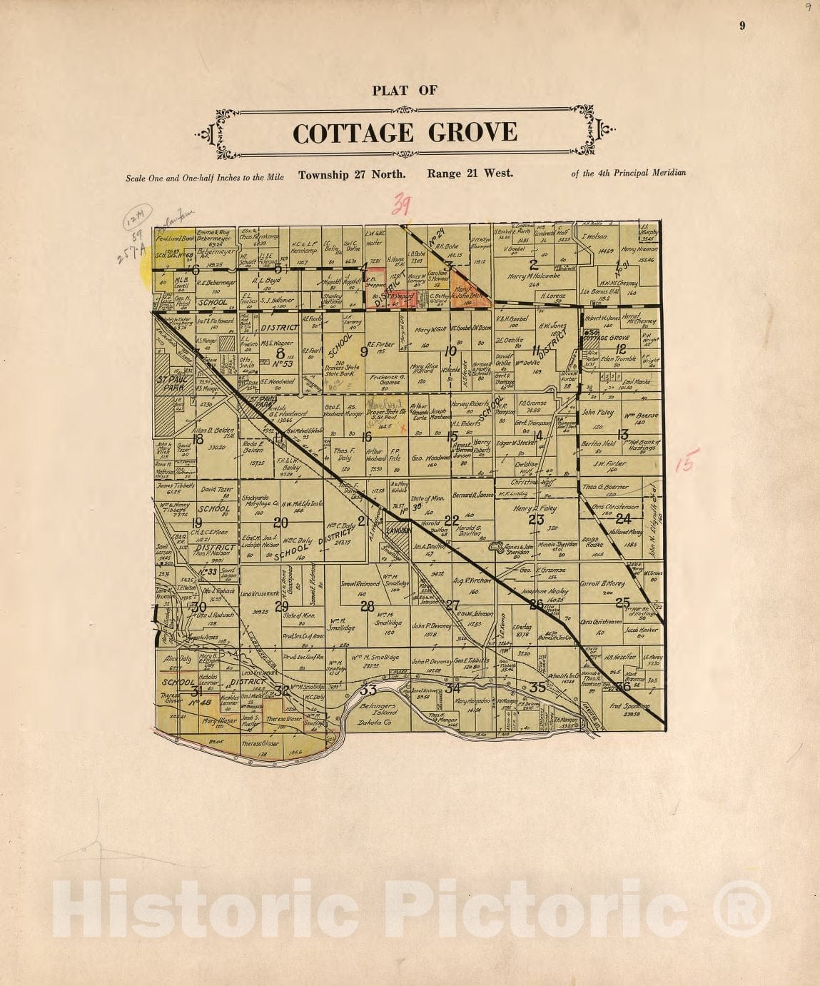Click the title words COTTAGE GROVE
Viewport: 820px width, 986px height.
pos(405,134)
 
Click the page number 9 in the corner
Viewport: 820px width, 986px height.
pos(742,26)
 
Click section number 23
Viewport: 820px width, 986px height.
pos(536,520)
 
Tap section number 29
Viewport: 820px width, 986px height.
pos(282,606)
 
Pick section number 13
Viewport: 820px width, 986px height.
pos(622,434)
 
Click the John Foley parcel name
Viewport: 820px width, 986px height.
pos(597,413)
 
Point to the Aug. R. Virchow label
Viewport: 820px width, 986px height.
pos(472,581)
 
